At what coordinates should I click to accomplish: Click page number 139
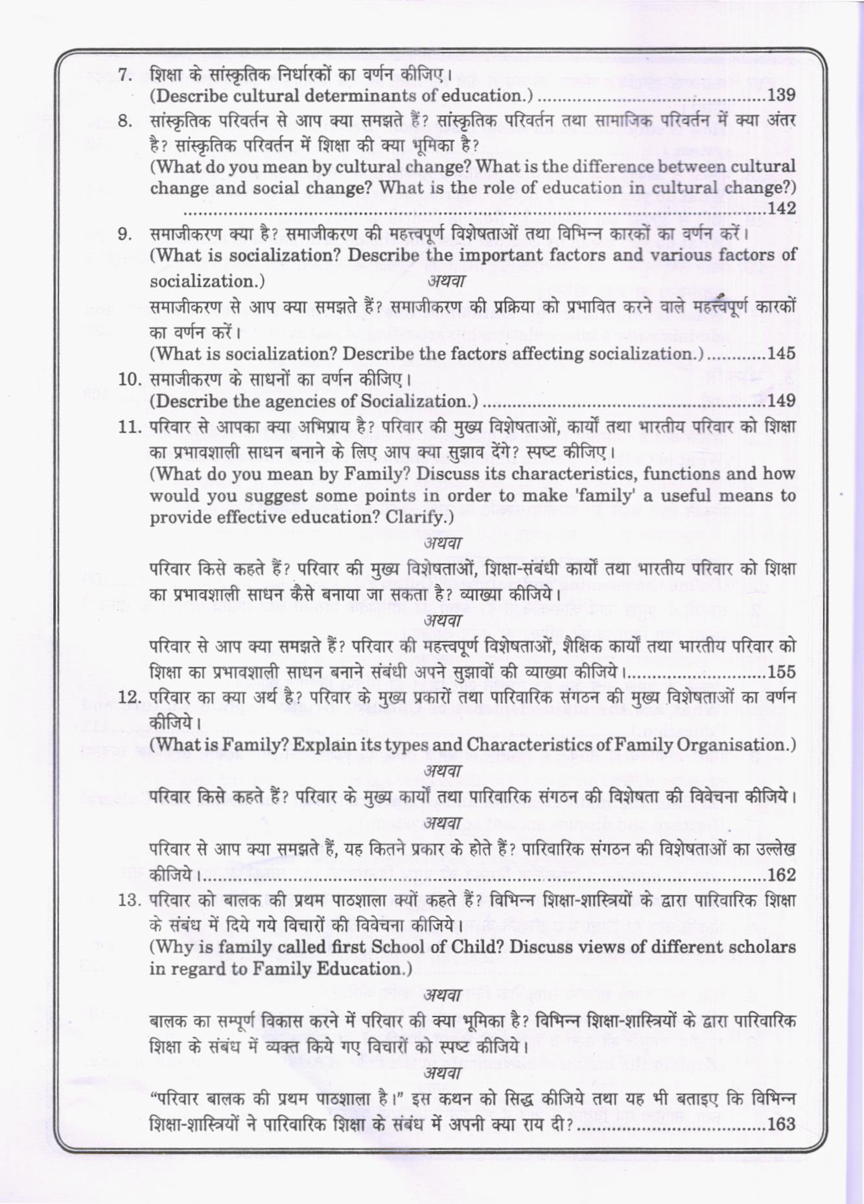(x=781, y=95)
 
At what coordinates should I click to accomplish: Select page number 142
(x=781, y=208)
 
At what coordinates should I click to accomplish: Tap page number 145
(x=781, y=354)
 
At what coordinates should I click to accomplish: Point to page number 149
(x=781, y=401)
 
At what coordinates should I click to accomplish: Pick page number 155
(x=781, y=672)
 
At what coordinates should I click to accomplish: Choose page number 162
(x=781, y=874)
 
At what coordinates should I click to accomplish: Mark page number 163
(x=781, y=1124)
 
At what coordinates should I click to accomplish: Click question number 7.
(x=125, y=74)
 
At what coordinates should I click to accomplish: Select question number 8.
(x=125, y=121)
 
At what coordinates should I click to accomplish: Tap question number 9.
(x=125, y=234)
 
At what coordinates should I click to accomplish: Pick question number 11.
(x=130, y=427)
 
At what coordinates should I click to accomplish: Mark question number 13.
(x=130, y=901)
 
